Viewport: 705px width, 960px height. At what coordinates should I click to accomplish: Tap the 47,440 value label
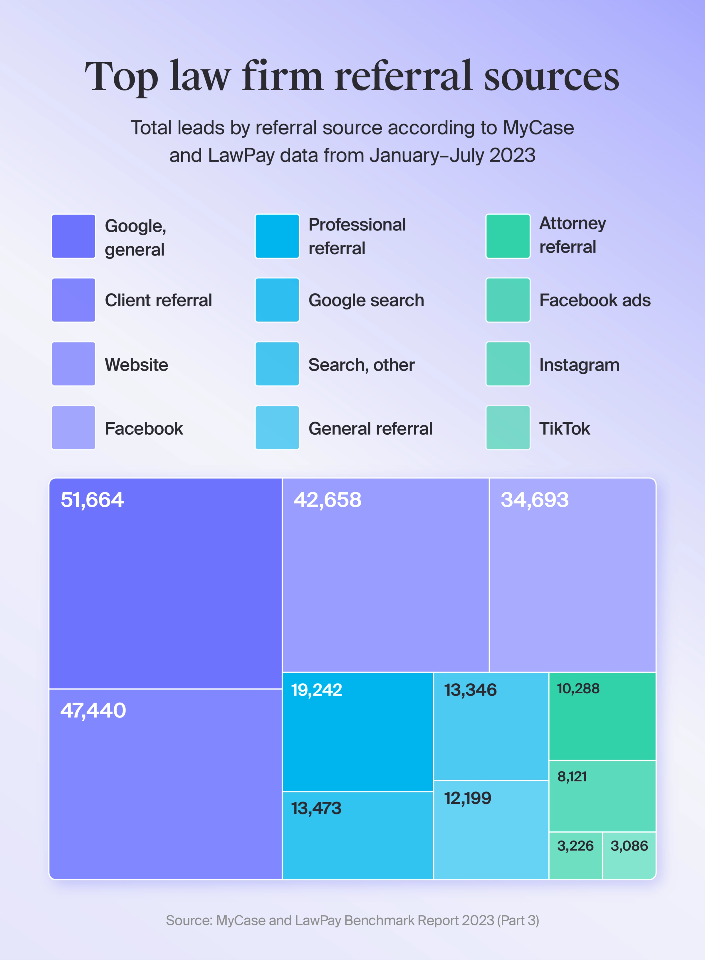pyautogui.click(x=93, y=710)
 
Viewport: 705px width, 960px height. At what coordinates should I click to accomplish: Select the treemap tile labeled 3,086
pyautogui.click(x=629, y=855)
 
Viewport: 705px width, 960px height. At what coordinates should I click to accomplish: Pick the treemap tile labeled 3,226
pyautogui.click(x=575, y=855)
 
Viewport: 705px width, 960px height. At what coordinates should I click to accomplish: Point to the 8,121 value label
pyautogui.click(x=572, y=776)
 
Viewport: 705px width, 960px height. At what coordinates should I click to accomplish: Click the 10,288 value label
pyautogui.click(x=578, y=689)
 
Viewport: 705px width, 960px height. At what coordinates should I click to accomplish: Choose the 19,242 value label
pyautogui.click(x=317, y=690)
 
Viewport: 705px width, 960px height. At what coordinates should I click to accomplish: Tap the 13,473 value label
pyautogui.click(x=316, y=808)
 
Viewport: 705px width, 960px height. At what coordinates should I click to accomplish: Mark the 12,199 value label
pyautogui.click(x=468, y=798)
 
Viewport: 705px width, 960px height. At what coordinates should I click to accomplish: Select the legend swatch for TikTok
pyautogui.click(x=508, y=428)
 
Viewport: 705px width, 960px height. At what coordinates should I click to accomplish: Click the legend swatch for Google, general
pyautogui.click(x=73, y=236)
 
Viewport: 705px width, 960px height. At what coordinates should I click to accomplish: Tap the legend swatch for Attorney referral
pyautogui.click(x=508, y=236)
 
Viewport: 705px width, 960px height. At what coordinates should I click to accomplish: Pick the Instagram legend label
pyautogui.click(x=579, y=365)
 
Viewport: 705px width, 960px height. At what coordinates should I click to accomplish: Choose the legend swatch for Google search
pyautogui.click(x=277, y=300)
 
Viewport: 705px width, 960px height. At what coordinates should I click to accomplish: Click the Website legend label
pyautogui.click(x=137, y=365)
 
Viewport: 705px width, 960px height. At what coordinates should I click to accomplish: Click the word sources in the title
pyautogui.click(x=551, y=77)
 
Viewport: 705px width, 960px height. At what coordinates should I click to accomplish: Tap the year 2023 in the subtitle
pyautogui.click(x=512, y=155)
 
